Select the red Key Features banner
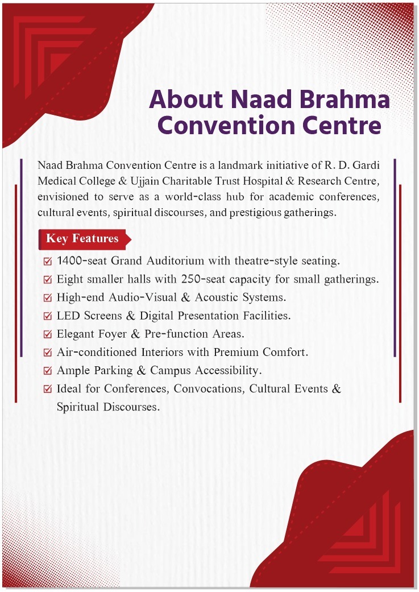pyautogui.click(x=83, y=239)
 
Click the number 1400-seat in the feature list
pyautogui.click(x=82, y=262)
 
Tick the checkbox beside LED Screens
pyautogui.click(x=48, y=316)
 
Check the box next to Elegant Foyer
pyautogui.click(x=48, y=334)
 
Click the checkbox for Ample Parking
pyautogui.click(x=48, y=371)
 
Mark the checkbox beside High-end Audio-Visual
pyautogui.click(x=48, y=298)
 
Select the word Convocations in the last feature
pyautogui.click(x=209, y=389)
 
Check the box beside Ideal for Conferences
pyautogui.click(x=48, y=390)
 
